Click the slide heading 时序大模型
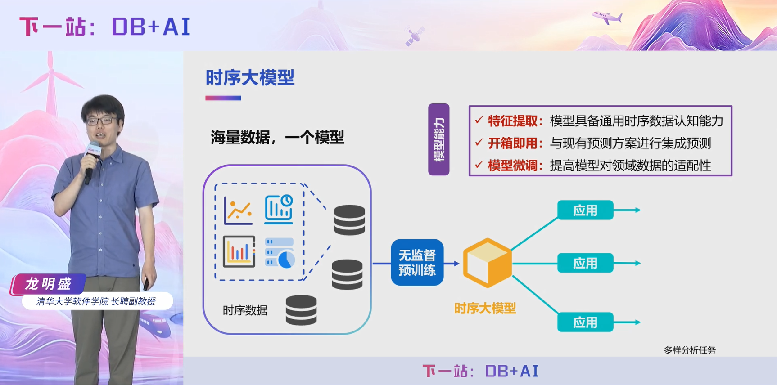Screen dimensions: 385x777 pos(250,78)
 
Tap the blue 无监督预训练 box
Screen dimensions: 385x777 pos(417,263)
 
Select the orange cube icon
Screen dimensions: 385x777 pos(487,263)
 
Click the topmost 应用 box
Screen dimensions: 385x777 pos(585,210)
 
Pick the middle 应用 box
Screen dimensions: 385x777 pos(585,263)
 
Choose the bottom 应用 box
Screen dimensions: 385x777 pos(585,322)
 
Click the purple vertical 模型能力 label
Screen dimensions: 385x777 pos(438,139)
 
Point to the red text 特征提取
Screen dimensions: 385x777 pos(513,121)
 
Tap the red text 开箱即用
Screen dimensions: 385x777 pos(513,143)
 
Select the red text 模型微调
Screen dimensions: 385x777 pos(513,166)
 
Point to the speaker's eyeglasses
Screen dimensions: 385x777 pos(100,121)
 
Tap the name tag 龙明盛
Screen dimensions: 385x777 pos(48,284)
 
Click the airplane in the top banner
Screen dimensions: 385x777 pos(607,18)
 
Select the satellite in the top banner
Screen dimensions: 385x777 pos(415,36)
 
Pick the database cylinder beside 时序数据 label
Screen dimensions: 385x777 pos(301,310)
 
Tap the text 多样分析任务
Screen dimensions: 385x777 pos(689,350)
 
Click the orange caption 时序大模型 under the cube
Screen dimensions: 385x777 pos(485,309)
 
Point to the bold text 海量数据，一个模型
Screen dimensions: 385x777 pos(277,137)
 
